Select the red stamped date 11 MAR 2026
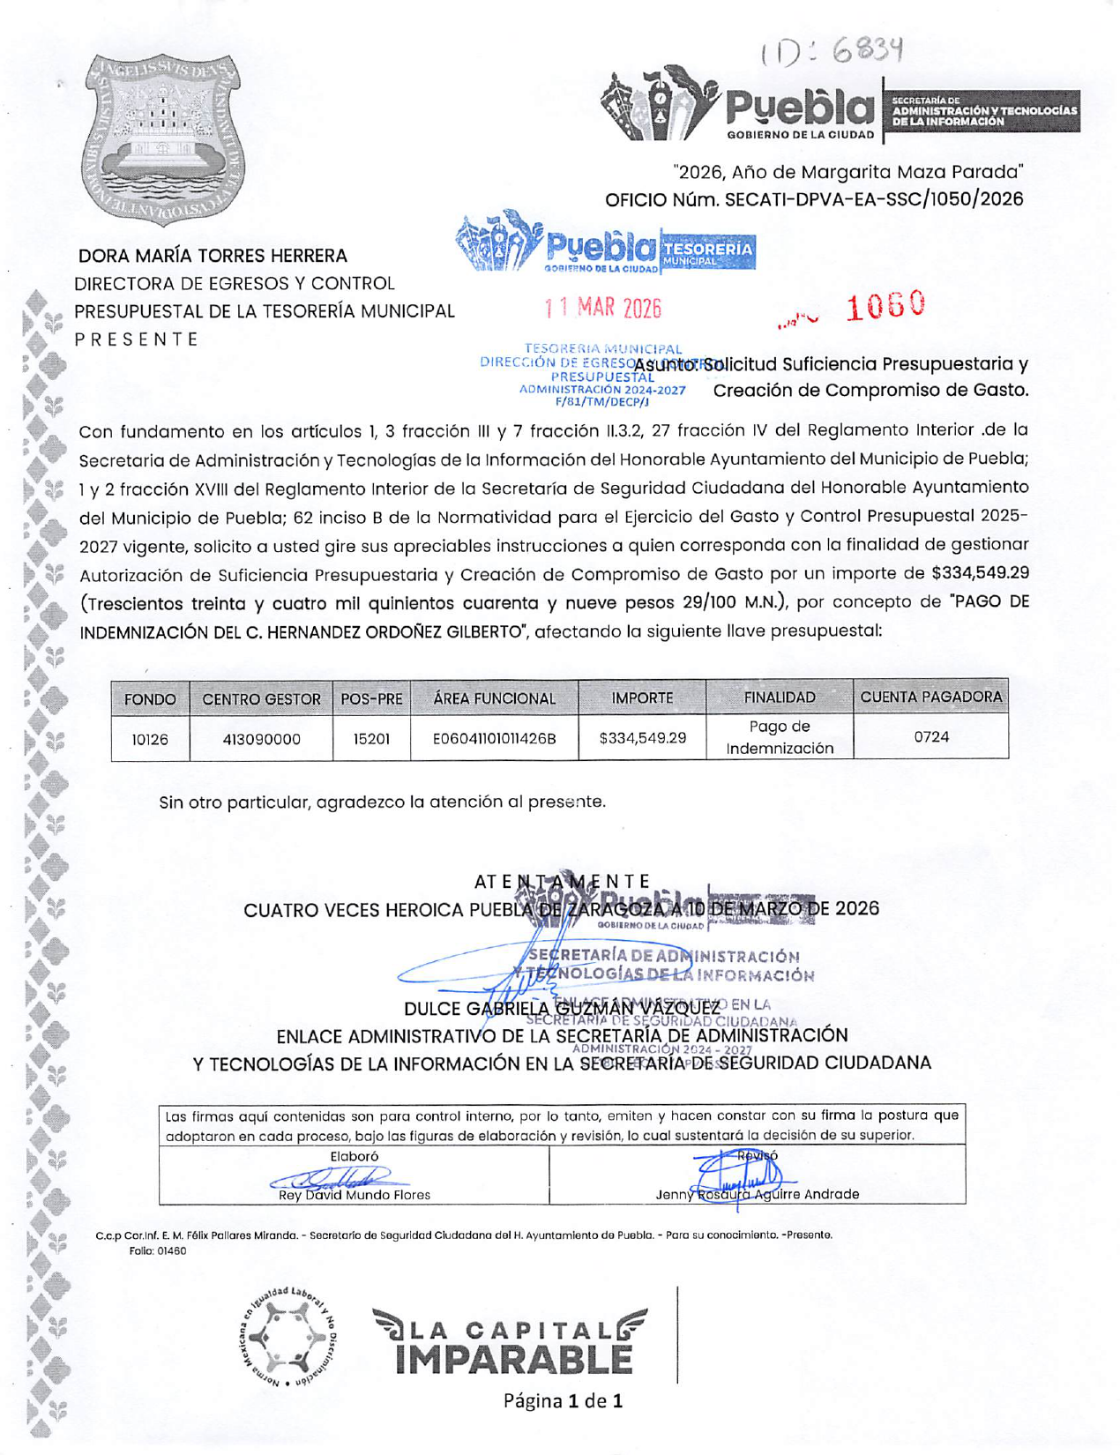coord(603,308)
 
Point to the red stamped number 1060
coord(885,306)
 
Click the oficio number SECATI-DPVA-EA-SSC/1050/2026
coord(813,199)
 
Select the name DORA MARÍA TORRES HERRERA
coord(213,256)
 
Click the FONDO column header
coord(150,698)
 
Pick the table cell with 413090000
coord(261,739)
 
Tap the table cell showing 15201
coord(371,739)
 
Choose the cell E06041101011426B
coord(494,739)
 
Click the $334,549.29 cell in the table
coord(642,738)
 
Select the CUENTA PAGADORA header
coord(930,697)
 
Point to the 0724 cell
coord(930,736)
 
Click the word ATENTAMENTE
coord(562,881)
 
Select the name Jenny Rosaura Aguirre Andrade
coord(757,1195)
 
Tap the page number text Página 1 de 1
coord(563,1400)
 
